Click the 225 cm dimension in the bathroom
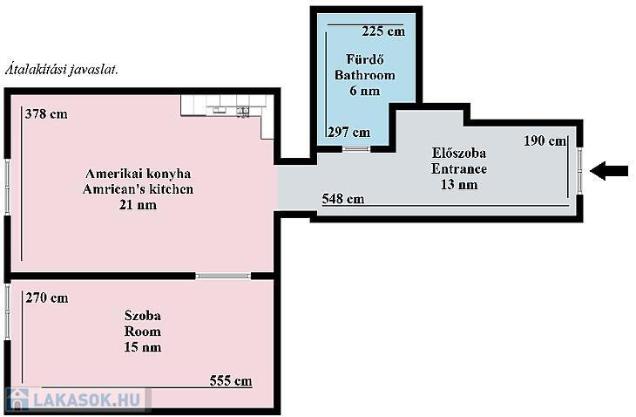[383, 31]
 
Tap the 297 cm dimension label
[348, 132]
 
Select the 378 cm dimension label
[46, 114]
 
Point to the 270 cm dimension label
[47, 298]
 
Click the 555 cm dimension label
[231, 381]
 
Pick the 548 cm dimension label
[343, 199]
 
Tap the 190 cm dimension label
[545, 141]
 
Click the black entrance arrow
[609, 170]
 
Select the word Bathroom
[365, 75]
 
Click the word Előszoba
[459, 153]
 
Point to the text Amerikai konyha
[138, 174]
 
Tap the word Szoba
[142, 316]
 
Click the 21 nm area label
[138, 205]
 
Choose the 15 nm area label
[142, 347]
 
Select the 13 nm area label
[459, 185]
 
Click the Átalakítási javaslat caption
[62, 70]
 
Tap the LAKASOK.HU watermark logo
[77, 400]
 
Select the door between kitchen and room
[223, 276]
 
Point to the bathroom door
[356, 149]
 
